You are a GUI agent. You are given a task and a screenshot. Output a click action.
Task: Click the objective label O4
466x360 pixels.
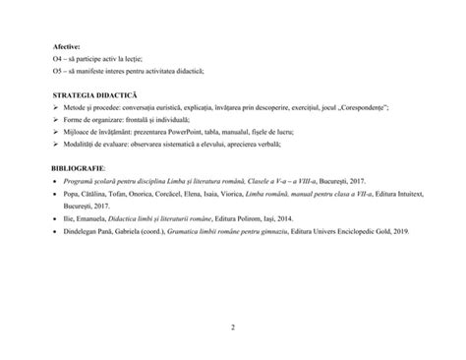tap(58, 58)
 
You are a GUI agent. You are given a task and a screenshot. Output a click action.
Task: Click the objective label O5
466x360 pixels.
tap(58, 71)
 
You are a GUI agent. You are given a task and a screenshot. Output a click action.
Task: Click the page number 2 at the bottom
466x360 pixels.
tap(233, 327)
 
